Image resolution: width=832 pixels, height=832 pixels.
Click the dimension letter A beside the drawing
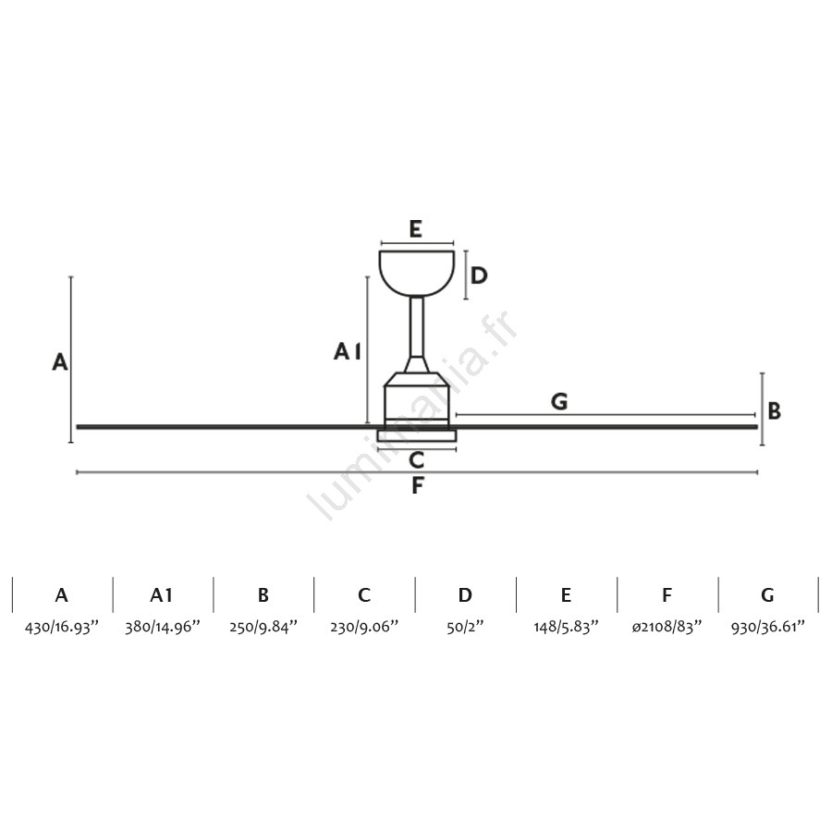click(x=60, y=361)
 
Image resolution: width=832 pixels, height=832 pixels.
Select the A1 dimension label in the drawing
click(x=348, y=351)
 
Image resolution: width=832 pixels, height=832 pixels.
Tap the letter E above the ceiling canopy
click(x=415, y=229)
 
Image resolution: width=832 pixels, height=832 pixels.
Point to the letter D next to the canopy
click(x=479, y=275)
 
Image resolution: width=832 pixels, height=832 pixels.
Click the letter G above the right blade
click(x=559, y=402)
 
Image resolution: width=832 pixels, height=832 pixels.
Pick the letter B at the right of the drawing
click(x=774, y=410)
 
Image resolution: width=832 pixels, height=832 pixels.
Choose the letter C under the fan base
click(x=417, y=460)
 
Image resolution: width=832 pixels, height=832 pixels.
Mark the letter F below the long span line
click(x=418, y=485)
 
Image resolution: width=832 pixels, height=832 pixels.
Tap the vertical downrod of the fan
click(x=417, y=327)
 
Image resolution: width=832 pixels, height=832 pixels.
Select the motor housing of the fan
click(x=417, y=400)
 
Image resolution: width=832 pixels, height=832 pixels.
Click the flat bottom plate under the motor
click(x=417, y=435)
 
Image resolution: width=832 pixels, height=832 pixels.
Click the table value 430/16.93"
click(x=62, y=627)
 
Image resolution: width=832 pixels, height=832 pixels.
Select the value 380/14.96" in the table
click(x=163, y=627)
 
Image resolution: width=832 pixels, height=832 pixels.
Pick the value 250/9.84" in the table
click(x=263, y=627)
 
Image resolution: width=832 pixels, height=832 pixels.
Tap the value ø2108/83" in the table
click(x=667, y=627)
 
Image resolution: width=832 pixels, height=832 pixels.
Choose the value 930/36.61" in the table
click(x=768, y=627)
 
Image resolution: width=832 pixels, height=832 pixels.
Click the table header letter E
click(x=566, y=595)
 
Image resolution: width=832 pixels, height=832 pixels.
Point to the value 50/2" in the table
click(x=465, y=627)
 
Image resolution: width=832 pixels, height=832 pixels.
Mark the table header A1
click(x=161, y=595)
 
